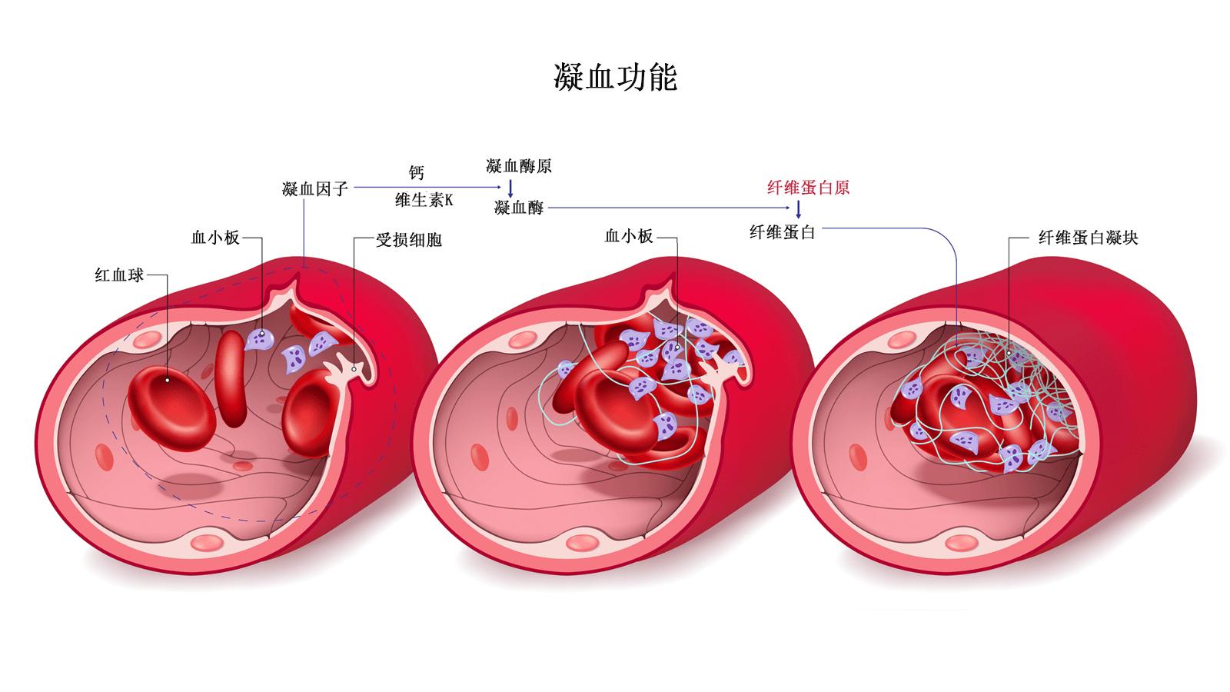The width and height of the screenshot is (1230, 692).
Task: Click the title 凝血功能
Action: (x=615, y=78)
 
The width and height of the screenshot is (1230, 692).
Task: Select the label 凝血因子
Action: (x=315, y=188)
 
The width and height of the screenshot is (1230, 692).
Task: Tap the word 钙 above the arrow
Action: (x=416, y=173)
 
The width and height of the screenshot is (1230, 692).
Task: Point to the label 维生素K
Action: (x=424, y=201)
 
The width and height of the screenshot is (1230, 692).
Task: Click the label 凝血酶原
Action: (x=519, y=166)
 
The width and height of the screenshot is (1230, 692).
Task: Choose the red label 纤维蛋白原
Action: (x=808, y=188)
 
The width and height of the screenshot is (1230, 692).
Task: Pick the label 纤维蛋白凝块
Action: (x=1088, y=238)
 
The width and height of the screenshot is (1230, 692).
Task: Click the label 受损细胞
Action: (x=408, y=240)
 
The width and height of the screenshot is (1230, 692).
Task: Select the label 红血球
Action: (x=119, y=274)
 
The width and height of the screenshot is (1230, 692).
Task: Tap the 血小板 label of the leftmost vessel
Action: (x=215, y=238)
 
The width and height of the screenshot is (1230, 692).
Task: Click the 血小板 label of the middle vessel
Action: (x=629, y=237)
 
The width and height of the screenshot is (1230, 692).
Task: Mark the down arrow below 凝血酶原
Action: (x=509, y=187)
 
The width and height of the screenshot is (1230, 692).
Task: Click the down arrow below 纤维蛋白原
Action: (x=799, y=209)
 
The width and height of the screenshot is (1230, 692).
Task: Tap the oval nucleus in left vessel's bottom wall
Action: (x=205, y=542)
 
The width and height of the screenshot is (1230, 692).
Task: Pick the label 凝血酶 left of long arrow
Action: (x=519, y=208)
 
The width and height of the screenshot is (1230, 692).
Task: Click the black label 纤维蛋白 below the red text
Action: (x=782, y=231)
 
